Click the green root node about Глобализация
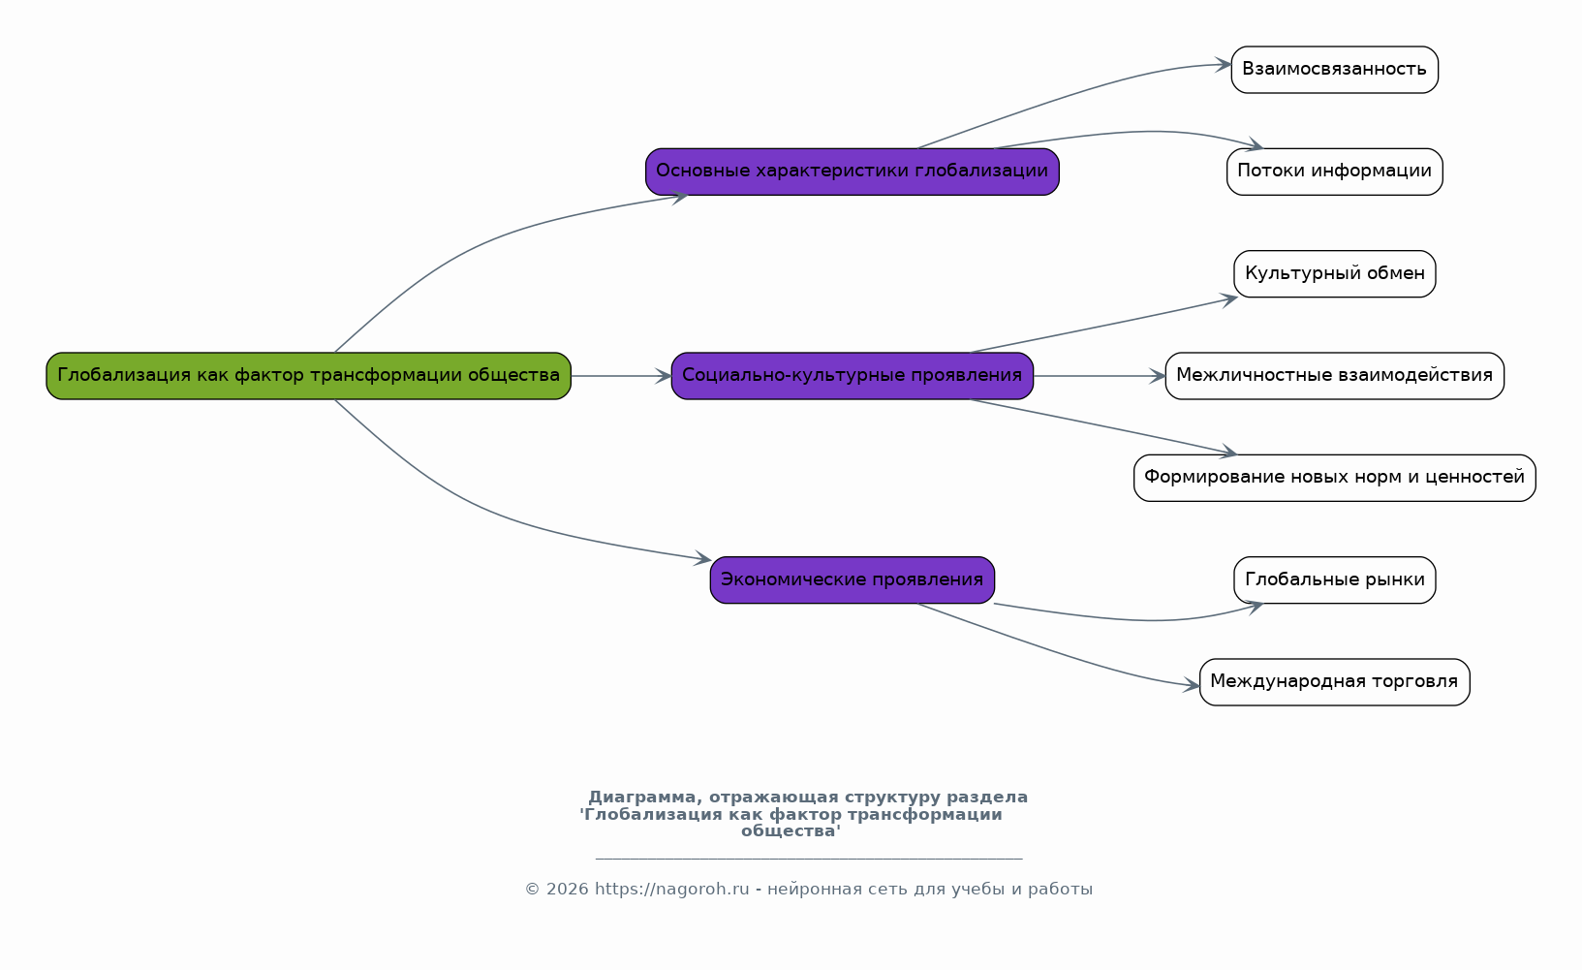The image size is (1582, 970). (x=309, y=376)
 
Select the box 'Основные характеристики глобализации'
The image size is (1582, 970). (x=852, y=172)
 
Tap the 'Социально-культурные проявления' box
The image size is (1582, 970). (x=852, y=376)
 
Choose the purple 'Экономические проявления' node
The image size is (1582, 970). (x=852, y=580)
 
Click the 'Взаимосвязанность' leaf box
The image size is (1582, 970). (x=1334, y=69)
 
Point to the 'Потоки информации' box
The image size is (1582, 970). (x=1334, y=172)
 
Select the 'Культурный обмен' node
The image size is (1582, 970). (x=1334, y=273)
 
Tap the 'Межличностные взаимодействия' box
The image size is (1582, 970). (x=1334, y=376)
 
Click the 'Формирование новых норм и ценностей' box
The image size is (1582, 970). (x=1334, y=478)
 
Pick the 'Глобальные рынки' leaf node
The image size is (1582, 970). (x=1334, y=580)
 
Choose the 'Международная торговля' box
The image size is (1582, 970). (x=1334, y=682)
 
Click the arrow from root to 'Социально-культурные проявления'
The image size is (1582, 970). (x=621, y=376)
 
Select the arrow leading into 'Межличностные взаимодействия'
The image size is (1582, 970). (x=1099, y=376)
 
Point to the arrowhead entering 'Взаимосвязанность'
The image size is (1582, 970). (x=1224, y=64)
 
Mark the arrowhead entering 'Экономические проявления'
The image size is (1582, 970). (x=702, y=558)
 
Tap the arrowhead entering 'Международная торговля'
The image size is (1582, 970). (x=1192, y=684)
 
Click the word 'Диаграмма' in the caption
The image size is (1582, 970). (x=642, y=797)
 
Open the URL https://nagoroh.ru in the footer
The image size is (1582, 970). (x=671, y=889)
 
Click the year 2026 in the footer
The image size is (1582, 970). (x=567, y=889)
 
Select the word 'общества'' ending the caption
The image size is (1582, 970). (x=791, y=831)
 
